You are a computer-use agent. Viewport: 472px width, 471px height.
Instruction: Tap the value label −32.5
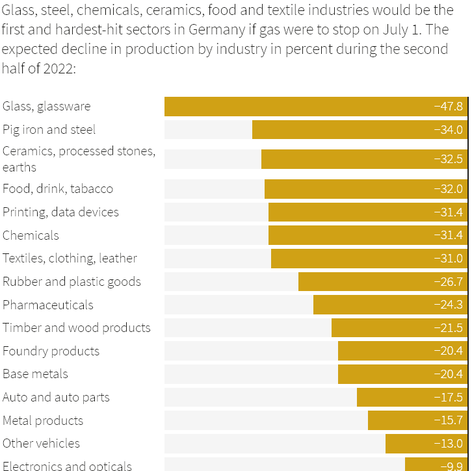click(x=449, y=159)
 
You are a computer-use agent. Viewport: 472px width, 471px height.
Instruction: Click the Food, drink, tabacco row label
click(x=58, y=189)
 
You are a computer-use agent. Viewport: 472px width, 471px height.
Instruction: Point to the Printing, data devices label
click(x=60, y=212)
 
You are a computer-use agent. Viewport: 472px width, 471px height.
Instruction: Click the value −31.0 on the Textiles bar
click(x=449, y=259)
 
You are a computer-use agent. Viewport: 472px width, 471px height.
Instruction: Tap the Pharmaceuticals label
click(x=48, y=305)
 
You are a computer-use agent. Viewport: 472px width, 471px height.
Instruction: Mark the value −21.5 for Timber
click(x=449, y=328)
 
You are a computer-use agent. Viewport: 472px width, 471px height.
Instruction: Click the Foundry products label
click(x=51, y=351)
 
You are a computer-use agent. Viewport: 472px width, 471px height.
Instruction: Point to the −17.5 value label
click(x=449, y=398)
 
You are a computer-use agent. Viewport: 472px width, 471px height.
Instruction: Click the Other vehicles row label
click(x=42, y=444)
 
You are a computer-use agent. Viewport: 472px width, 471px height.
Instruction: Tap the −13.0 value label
click(x=449, y=444)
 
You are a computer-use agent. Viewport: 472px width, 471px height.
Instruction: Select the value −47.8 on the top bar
click(x=449, y=107)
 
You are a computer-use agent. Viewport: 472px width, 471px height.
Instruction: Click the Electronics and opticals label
click(x=67, y=465)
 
